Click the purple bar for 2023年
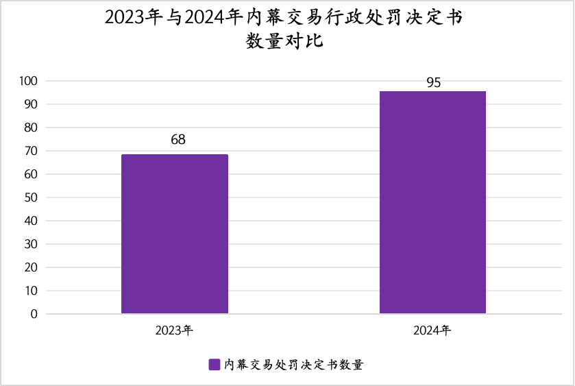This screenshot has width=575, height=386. coord(175,234)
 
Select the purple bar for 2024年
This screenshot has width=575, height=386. coord(432,202)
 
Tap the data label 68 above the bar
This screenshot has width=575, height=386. coord(178,140)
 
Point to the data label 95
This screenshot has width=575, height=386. coord(433,83)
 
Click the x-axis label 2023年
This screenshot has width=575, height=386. coord(174,330)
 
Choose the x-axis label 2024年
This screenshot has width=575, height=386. coord(432,330)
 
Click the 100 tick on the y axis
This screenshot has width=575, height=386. coord(28,81)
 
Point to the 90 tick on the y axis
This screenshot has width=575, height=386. coord(31,105)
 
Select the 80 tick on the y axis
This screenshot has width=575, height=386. coord(31,128)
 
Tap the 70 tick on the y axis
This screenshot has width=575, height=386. coord(31,151)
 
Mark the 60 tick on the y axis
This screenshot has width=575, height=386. coord(31,174)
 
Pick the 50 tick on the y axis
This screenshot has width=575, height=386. coord(31,197)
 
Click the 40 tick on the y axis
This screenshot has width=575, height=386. coord(31,221)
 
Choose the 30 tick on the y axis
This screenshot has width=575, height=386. coord(31,244)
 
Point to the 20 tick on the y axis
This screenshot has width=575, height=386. coord(31,267)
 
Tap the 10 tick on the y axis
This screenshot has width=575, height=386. coord(31,291)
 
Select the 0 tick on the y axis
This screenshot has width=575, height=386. coord(34,314)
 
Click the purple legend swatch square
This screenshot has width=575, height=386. coord(214,365)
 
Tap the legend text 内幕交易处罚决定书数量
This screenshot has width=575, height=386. coord(294,365)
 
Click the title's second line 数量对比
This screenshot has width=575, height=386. coord(284,41)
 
